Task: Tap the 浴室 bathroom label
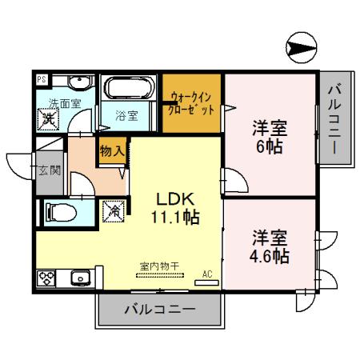[126, 115]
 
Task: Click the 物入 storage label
[111, 150]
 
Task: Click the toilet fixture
[59, 212]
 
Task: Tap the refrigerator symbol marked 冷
[114, 212]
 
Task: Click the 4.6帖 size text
[270, 258]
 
